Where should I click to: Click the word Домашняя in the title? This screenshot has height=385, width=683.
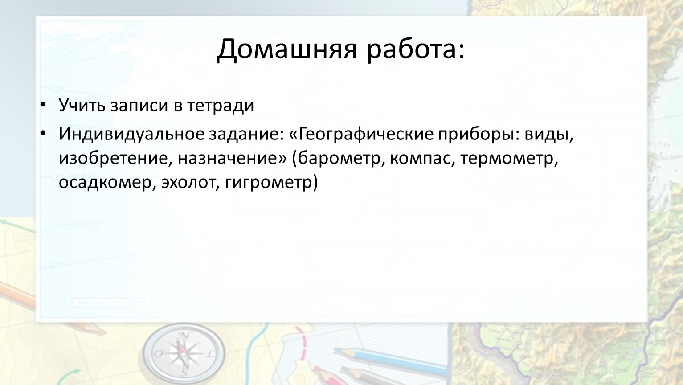[x=286, y=49]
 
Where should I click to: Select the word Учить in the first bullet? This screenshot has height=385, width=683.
[x=82, y=106]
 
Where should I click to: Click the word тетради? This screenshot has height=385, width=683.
[x=220, y=106]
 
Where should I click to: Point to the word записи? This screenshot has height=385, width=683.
[x=139, y=106]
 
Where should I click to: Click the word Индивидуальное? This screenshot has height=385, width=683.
[x=131, y=134]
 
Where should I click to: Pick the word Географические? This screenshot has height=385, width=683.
[x=366, y=134]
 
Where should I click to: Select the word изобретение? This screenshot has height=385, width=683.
[x=116, y=159]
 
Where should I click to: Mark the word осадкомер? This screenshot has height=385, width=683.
[x=105, y=182]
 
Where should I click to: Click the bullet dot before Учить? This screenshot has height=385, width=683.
[x=43, y=105]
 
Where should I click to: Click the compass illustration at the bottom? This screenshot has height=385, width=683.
[x=184, y=354]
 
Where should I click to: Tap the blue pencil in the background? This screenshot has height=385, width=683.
[x=393, y=361]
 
